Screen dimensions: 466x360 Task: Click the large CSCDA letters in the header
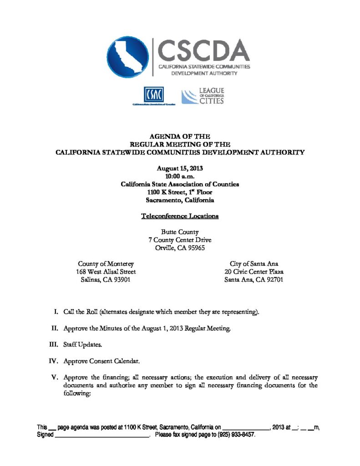click(203, 50)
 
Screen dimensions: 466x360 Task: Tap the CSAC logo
click(154, 95)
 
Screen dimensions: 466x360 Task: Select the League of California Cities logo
click(203, 96)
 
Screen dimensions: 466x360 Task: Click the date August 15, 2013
click(180, 168)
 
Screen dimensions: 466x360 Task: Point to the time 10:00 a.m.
click(180, 176)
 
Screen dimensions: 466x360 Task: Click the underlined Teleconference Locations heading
click(180, 216)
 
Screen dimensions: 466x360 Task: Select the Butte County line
click(180, 232)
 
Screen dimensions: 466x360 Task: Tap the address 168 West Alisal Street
click(106, 272)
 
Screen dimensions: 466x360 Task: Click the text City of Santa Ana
click(254, 264)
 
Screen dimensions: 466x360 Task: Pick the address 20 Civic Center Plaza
click(254, 272)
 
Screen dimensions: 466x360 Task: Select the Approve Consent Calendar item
click(101, 361)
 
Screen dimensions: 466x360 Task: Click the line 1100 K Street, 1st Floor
click(180, 192)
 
